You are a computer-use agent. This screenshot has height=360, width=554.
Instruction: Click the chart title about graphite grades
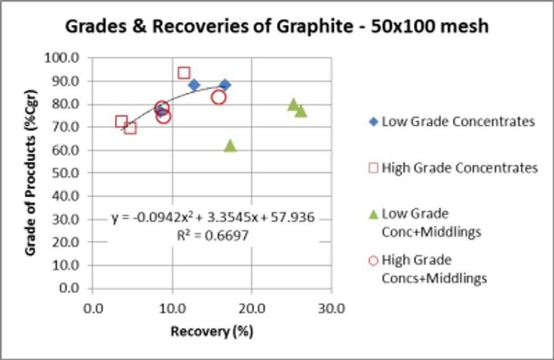(x=276, y=26)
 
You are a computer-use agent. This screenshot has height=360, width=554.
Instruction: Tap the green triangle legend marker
(x=373, y=214)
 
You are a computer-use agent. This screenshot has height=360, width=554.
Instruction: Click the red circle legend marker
(x=373, y=261)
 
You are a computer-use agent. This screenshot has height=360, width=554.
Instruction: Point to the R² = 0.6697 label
(x=213, y=235)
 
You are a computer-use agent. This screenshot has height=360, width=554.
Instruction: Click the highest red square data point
(x=184, y=73)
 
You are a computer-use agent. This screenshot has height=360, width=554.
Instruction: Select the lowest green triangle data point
(x=230, y=146)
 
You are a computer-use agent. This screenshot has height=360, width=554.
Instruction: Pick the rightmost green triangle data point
(x=301, y=111)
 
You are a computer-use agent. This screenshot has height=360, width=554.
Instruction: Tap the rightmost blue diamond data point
(x=225, y=85)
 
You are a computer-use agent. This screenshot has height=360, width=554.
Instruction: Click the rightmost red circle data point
(x=219, y=97)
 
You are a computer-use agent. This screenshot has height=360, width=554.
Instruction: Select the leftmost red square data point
(x=122, y=122)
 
